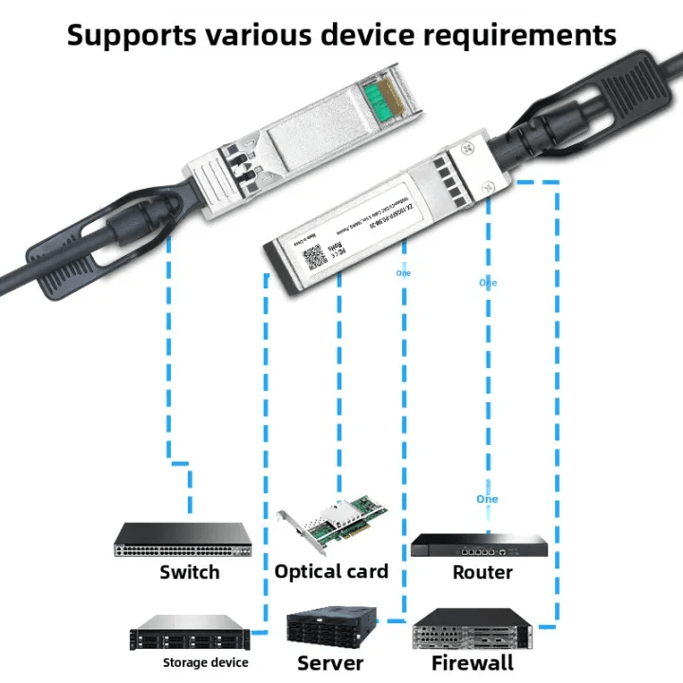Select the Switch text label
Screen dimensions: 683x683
[x=189, y=572]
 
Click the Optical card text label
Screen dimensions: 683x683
[x=331, y=571]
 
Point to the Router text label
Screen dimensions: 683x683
[x=482, y=572]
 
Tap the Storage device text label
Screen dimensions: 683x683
[x=205, y=662]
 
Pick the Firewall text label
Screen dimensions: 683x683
[x=471, y=662]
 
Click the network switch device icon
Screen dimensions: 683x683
[x=184, y=541]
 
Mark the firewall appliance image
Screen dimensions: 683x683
[x=471, y=629]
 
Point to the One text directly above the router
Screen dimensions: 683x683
[x=487, y=499]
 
